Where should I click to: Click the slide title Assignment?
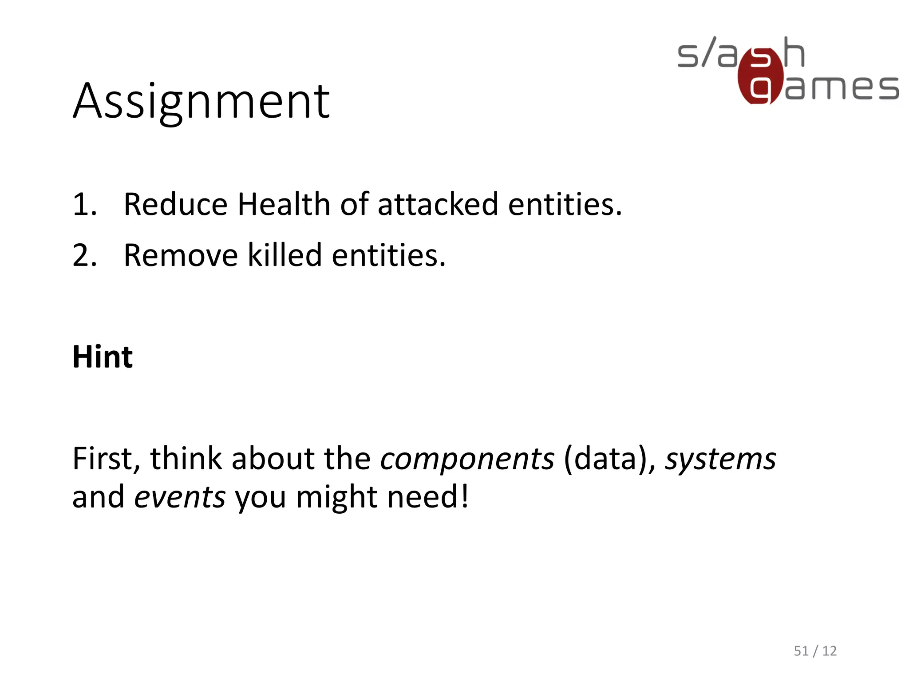pyautogui.click(x=201, y=102)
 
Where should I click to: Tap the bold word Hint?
pyautogui.click(x=103, y=357)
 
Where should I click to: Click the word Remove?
pyautogui.click(x=181, y=255)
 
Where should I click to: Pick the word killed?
pyautogui.click(x=285, y=255)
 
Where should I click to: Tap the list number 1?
pyautogui.click(x=84, y=205)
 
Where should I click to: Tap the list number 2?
pyautogui.click(x=84, y=256)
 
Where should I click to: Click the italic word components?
pyautogui.click(x=467, y=459)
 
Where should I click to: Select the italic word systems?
pyautogui.click(x=720, y=459)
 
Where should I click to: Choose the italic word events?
pyautogui.click(x=180, y=497)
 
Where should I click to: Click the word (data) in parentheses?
pyautogui.click(x=609, y=459)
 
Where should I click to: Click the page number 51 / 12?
pyautogui.click(x=815, y=651)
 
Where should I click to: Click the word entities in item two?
pyautogui.click(x=388, y=255)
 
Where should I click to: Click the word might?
pyautogui.click(x=336, y=497)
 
